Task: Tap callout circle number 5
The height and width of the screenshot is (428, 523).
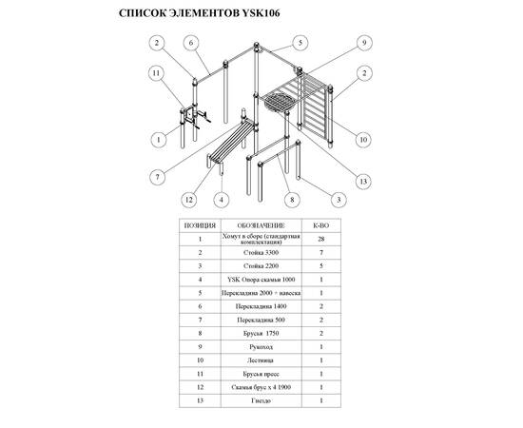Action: pyautogui.click(x=300, y=43)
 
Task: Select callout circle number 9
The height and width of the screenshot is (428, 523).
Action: pyautogui.click(x=364, y=43)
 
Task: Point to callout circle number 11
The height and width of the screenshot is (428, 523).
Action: pyautogui.click(x=157, y=73)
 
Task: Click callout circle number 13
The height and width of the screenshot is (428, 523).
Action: pyautogui.click(x=363, y=182)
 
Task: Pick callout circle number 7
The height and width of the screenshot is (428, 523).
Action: pyautogui.click(x=158, y=177)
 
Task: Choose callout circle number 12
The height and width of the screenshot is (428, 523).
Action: pyautogui.click(x=189, y=200)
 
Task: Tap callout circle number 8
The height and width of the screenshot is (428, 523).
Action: pyautogui.click(x=292, y=200)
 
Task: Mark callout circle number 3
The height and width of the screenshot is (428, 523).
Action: pyautogui.click(x=339, y=200)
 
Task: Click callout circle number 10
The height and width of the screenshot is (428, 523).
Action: pyautogui.click(x=363, y=140)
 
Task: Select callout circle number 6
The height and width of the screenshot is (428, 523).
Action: pyautogui.click(x=191, y=43)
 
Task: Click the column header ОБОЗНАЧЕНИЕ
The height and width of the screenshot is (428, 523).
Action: pyautogui.click(x=261, y=225)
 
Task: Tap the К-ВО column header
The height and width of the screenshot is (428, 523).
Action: pyautogui.click(x=321, y=225)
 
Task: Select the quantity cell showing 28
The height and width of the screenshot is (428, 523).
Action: pyautogui.click(x=321, y=239)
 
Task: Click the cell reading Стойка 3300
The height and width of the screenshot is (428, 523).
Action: pyautogui.click(x=261, y=253)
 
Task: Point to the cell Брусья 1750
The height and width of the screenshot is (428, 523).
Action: pyautogui.click(x=261, y=333)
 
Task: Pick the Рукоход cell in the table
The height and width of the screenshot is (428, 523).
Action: pyautogui.click(x=261, y=347)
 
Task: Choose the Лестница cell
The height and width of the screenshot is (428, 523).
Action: pyautogui.click(x=261, y=360)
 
